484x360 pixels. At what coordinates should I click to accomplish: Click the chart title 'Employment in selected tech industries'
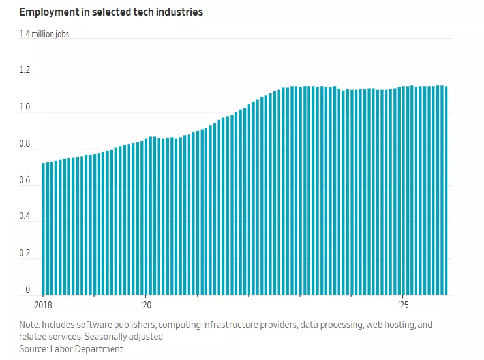111,12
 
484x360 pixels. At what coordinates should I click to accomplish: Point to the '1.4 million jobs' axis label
44,34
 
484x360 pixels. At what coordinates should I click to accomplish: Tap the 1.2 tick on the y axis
24,70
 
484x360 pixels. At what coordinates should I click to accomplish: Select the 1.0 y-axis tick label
24,107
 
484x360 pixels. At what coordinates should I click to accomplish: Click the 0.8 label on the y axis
24,143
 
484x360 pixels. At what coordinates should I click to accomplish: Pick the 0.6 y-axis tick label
24,180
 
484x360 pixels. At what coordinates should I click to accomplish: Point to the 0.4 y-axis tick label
24,217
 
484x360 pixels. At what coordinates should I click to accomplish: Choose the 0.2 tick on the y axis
24,253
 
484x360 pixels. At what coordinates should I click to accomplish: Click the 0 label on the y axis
27,290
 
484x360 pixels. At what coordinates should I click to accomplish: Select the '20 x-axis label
145,305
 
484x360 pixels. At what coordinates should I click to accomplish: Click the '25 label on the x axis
402,305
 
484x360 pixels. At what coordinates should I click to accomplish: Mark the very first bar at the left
44,228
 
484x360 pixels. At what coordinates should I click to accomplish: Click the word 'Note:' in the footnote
30,325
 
